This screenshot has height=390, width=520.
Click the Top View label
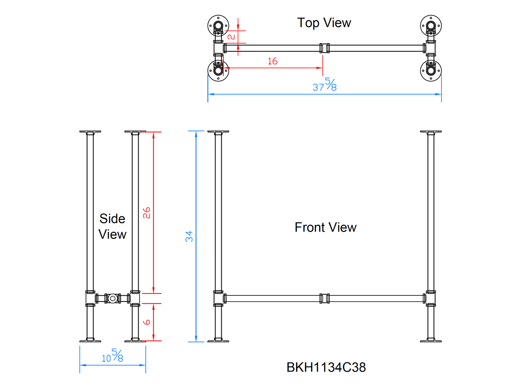324,23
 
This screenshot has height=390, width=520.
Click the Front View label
325,227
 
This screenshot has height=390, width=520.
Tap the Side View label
112,226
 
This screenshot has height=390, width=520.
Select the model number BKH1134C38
326,367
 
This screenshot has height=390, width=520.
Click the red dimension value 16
272,61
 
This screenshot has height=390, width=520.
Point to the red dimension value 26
146,213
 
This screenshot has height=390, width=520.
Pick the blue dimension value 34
189,236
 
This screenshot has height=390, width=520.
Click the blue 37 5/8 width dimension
325,85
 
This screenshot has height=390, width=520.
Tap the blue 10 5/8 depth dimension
112,356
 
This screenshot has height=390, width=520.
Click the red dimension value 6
147,322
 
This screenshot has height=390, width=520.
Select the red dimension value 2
231,36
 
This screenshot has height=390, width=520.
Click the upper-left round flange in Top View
218,26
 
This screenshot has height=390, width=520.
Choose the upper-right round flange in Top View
431,26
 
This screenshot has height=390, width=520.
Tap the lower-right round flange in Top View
431,71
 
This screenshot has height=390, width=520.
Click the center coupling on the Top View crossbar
325,48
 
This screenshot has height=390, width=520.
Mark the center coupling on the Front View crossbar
325,298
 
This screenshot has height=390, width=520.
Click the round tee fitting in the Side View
113,298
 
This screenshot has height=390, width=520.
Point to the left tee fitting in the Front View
218,298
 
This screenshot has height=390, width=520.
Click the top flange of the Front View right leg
431,132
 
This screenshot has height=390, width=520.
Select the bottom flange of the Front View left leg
218,340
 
